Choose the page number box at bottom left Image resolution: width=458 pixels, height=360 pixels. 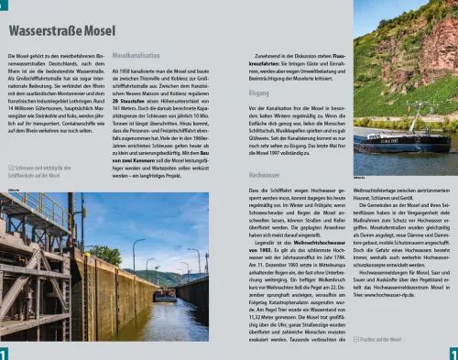pyautogui.click(x=5, y=353)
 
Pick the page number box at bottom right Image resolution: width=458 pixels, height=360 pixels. pyautogui.click(x=453, y=353)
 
